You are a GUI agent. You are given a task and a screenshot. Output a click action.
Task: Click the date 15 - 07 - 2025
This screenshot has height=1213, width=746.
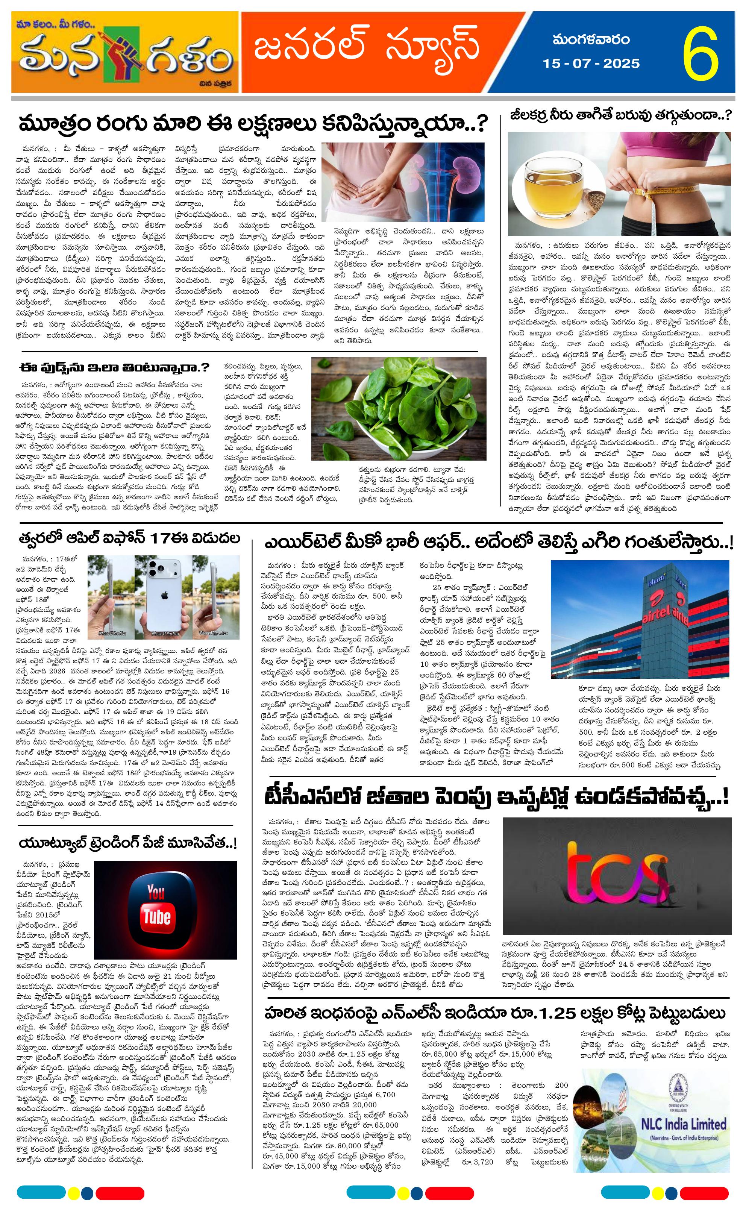click(x=591, y=64)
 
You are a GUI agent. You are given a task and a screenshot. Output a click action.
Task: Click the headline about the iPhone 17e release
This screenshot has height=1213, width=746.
click(x=129, y=538)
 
